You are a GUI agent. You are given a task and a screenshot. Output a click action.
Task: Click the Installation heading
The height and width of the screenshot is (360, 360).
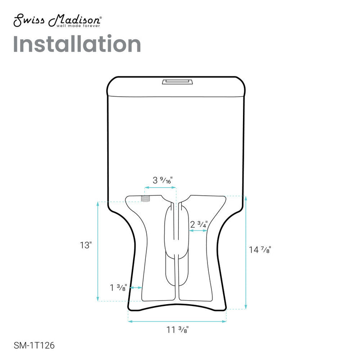pyautogui.click(x=77, y=44)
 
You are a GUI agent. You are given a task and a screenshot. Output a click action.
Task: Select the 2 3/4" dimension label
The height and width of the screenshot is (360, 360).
pyautogui.click(x=199, y=224)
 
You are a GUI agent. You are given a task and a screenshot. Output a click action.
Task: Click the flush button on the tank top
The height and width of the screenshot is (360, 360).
pyautogui.click(x=177, y=81)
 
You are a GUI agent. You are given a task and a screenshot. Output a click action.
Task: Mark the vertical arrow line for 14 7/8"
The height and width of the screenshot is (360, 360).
pyautogui.click(x=245, y=252)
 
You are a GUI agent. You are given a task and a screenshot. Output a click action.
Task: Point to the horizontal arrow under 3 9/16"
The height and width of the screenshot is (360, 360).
pyautogui.click(x=159, y=188)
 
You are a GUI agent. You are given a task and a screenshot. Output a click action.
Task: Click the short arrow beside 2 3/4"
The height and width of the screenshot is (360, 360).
pyautogui.click(x=198, y=230)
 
